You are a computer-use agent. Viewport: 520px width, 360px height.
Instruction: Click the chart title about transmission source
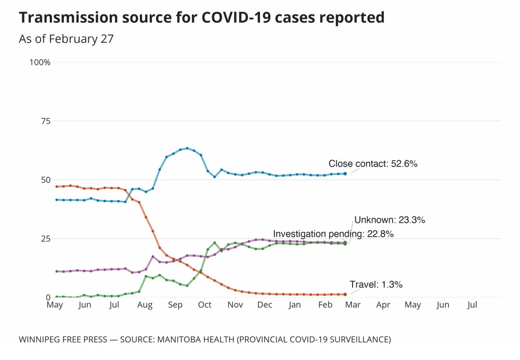(x=202, y=18)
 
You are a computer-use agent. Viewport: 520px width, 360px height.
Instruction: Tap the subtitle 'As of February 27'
(x=66, y=39)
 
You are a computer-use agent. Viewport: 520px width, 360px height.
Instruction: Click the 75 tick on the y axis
(x=45, y=121)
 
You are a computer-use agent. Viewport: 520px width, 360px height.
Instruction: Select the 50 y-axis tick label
(x=45, y=180)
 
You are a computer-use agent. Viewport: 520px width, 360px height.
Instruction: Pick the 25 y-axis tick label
(x=45, y=239)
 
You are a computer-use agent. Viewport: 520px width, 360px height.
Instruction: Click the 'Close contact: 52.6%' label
(x=373, y=164)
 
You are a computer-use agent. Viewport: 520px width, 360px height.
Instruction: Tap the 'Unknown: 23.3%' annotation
(x=389, y=220)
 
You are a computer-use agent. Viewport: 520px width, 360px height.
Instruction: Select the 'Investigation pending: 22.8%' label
(x=333, y=234)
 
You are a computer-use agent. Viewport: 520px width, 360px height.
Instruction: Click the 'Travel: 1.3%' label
(x=376, y=285)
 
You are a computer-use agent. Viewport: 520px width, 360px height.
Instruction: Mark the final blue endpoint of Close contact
(x=345, y=173)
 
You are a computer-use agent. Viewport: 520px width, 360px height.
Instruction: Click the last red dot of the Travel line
(x=345, y=294)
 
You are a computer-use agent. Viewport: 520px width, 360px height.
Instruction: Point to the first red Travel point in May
(x=56, y=186)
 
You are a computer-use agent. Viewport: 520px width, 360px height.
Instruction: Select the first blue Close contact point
(x=56, y=200)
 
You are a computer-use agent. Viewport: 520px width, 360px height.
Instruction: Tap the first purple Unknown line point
(x=56, y=271)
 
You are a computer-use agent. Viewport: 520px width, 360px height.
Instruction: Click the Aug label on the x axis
(x=145, y=305)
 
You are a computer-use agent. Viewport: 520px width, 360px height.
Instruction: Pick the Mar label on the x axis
(x=353, y=305)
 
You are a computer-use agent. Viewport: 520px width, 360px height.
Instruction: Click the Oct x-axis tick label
(x=205, y=305)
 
